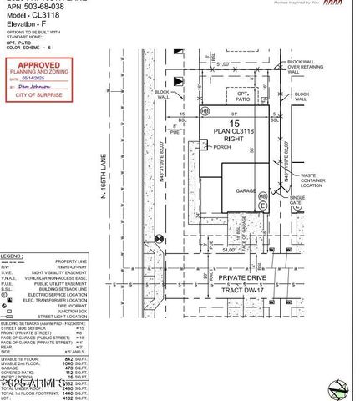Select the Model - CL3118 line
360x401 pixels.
[x=28, y=14]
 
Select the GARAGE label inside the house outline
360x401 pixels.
[x=245, y=190]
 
